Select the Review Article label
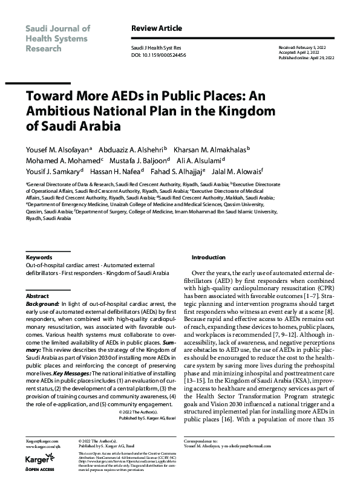point(156,28)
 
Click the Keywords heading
point(39,257)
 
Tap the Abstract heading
point(38,296)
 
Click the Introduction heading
point(208,257)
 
